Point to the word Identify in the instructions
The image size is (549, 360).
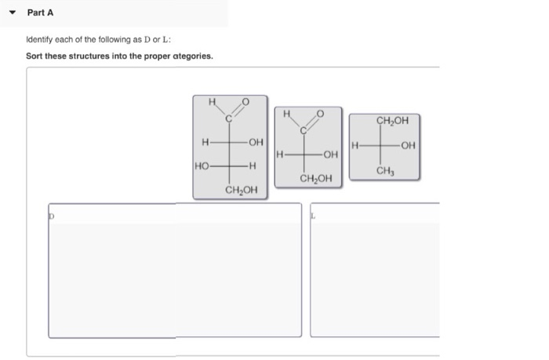[40, 40]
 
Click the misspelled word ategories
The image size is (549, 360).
[189, 56]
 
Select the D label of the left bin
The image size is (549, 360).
[53, 212]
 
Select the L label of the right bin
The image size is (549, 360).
[314, 212]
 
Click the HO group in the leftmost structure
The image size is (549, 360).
[202, 165]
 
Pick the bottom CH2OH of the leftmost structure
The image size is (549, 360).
[241, 190]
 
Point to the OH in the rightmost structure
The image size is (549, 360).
[406, 146]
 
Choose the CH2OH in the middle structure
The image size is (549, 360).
[315, 179]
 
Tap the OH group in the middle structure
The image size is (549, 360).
[329, 155]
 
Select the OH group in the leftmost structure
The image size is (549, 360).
[254, 142]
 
